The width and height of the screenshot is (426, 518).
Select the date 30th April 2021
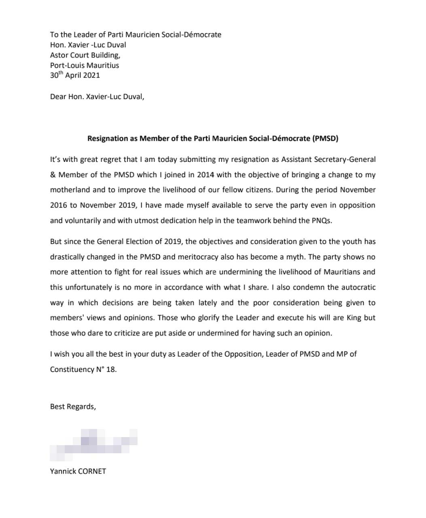(75, 75)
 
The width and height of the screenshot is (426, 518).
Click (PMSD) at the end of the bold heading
(325, 138)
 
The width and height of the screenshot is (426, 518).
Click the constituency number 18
(110, 369)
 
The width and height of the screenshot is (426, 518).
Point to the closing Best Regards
(73, 407)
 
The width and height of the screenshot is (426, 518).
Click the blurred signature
(93, 444)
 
